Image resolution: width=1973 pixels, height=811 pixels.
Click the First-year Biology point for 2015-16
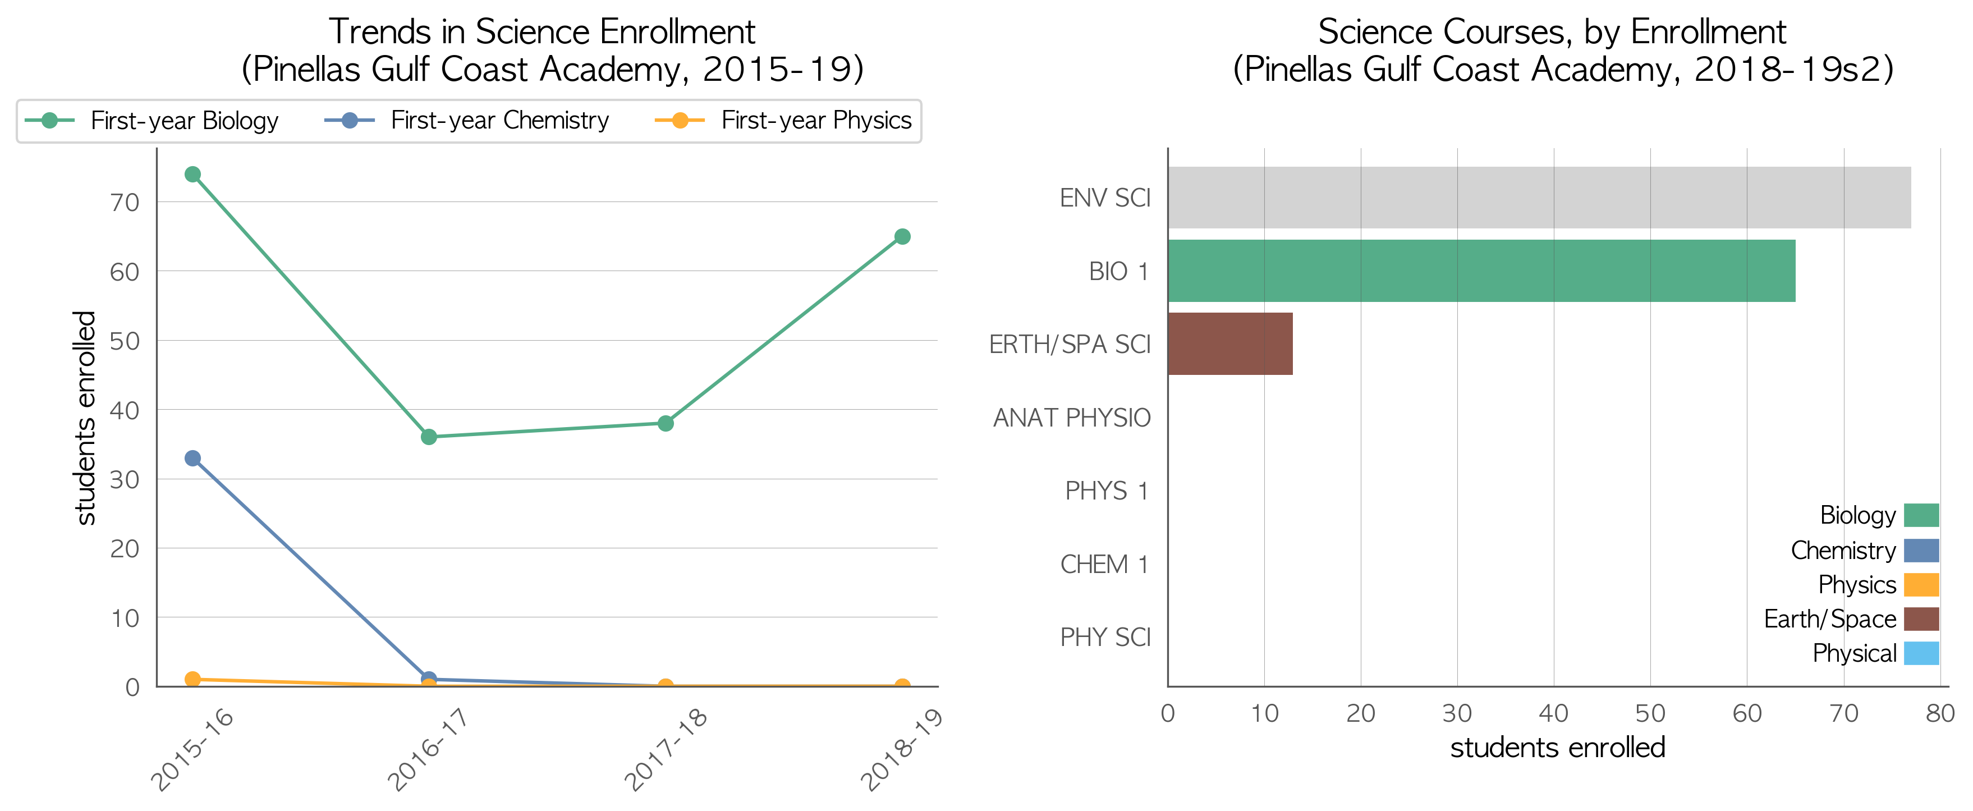(x=192, y=175)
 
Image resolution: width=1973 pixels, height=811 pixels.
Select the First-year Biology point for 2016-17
(x=429, y=437)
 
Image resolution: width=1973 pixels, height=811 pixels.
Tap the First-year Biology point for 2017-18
(x=666, y=424)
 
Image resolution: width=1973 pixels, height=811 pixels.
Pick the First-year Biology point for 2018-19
(x=902, y=237)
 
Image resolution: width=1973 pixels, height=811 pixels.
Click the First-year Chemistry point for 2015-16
(x=192, y=458)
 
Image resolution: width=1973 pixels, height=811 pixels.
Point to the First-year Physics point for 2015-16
(x=192, y=679)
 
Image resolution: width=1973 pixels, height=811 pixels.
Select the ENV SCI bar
(x=1539, y=198)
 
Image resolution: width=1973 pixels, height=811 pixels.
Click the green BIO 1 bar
(x=1481, y=271)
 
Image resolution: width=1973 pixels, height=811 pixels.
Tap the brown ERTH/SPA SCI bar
(x=1231, y=344)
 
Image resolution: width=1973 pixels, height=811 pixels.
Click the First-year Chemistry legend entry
(x=466, y=120)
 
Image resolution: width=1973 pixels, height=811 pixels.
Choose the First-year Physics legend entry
(x=783, y=120)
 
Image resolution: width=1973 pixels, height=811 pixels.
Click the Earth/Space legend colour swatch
(x=1921, y=619)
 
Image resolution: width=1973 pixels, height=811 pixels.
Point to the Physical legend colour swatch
(x=1921, y=653)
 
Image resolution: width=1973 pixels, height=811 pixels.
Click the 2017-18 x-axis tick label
(x=666, y=748)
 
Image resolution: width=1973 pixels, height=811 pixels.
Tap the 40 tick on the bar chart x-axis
(x=1553, y=713)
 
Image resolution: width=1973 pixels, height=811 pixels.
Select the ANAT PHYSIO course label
(x=1072, y=418)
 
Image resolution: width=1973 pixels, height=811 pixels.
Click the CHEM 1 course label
(x=1104, y=565)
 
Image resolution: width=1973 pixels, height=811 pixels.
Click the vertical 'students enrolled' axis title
(x=85, y=418)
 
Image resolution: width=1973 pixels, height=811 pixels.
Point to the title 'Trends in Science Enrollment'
(x=542, y=31)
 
